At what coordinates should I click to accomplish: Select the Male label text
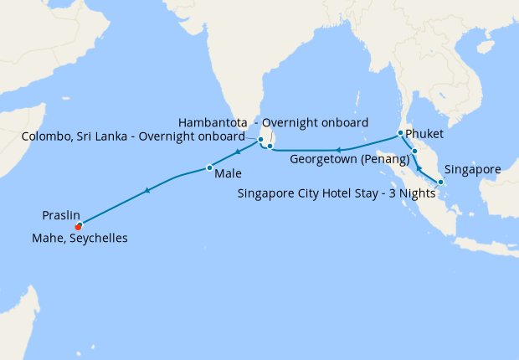pyautogui.click(x=229, y=174)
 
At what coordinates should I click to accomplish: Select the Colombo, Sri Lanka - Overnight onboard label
pyautogui.click(x=132, y=136)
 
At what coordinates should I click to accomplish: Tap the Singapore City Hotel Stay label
pyautogui.click(x=337, y=193)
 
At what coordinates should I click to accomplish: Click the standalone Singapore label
pyautogui.click(x=472, y=169)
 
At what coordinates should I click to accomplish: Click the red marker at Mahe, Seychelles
pyautogui.click(x=78, y=227)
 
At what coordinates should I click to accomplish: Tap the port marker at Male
pyautogui.click(x=208, y=168)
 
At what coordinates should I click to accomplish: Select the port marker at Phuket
pyautogui.click(x=400, y=133)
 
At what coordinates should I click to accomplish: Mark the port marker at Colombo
pyautogui.click(x=260, y=140)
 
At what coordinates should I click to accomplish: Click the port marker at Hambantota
pyautogui.click(x=270, y=147)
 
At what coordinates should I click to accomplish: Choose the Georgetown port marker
pyautogui.click(x=414, y=152)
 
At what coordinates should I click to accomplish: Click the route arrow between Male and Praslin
pyautogui.click(x=147, y=191)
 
